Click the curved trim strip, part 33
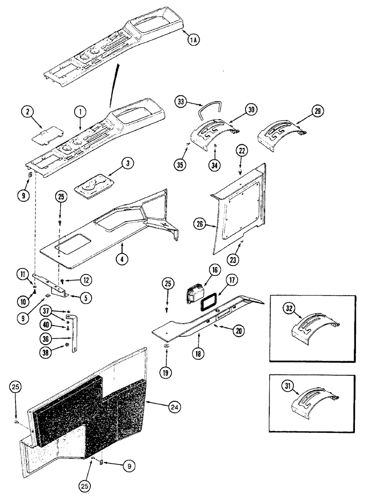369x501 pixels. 211,108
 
